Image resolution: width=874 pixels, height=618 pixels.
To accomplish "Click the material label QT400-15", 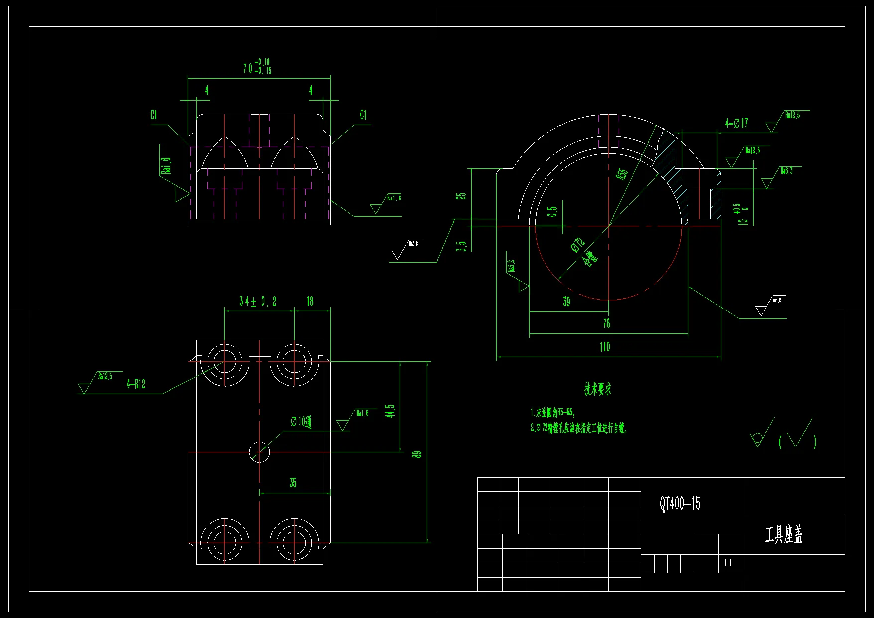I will (x=680, y=504).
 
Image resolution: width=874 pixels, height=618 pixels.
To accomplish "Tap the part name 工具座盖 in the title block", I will (x=784, y=535).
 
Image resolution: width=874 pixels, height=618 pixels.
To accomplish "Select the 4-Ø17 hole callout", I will (x=736, y=123).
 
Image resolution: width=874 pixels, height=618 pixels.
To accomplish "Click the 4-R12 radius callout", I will (x=136, y=384).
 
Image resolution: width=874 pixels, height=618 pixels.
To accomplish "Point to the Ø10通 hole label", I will (x=301, y=422).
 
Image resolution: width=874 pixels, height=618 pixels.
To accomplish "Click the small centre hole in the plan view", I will (x=259, y=452).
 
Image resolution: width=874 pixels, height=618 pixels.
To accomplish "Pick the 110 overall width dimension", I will (x=605, y=347).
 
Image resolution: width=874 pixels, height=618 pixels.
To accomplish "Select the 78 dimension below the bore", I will (x=606, y=323).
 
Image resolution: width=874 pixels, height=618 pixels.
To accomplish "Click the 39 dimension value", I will (x=566, y=302).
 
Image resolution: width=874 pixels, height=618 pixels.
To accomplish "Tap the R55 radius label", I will (x=622, y=174).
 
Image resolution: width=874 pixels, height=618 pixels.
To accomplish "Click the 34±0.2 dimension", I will (x=257, y=301).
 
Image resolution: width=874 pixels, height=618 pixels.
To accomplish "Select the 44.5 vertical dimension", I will (x=390, y=411).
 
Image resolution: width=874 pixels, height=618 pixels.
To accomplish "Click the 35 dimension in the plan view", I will (x=293, y=483).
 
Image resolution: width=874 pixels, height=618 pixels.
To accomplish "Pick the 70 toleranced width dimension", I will (x=257, y=67).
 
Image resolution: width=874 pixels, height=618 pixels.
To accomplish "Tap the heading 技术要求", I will (x=598, y=389).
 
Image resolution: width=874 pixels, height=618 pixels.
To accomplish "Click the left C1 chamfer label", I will (x=154, y=115).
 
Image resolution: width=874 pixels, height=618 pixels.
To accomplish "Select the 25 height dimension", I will (x=462, y=196).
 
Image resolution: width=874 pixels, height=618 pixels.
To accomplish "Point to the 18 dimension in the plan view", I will (x=310, y=301).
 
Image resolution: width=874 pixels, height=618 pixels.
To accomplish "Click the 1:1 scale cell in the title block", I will (x=728, y=563).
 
